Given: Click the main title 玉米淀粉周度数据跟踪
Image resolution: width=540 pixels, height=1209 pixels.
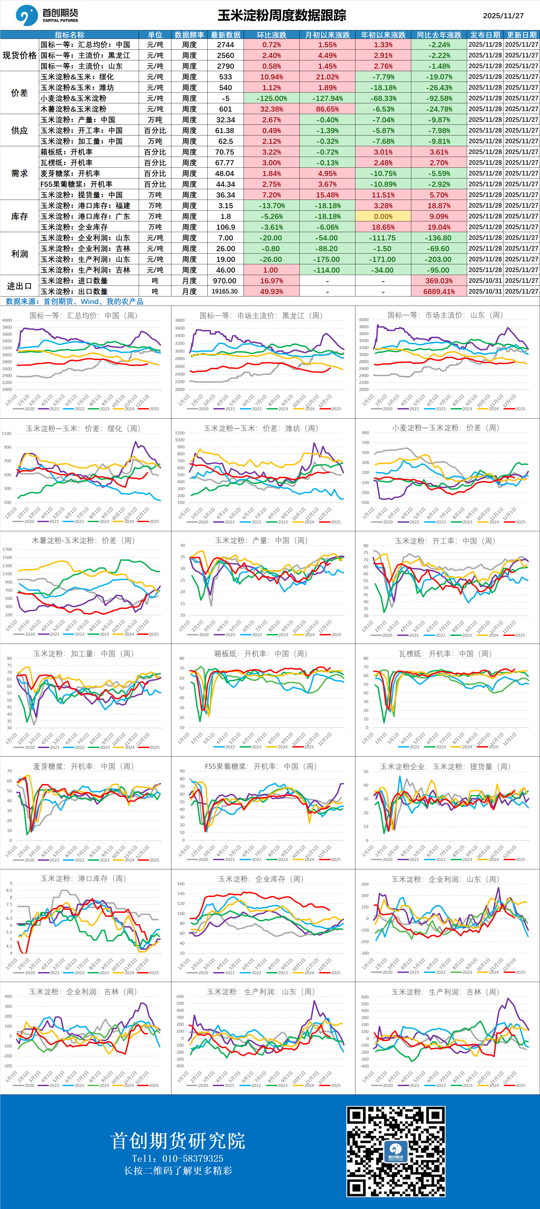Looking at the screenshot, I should [281, 16].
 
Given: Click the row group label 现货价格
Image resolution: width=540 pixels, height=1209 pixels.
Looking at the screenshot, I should [19, 55].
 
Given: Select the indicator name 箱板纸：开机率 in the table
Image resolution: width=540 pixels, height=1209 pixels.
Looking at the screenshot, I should [66, 152].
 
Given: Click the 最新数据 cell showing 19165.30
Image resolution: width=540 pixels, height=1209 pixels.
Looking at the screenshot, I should [225, 291].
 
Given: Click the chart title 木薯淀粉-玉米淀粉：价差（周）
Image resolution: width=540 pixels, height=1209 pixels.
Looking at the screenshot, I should [83, 541].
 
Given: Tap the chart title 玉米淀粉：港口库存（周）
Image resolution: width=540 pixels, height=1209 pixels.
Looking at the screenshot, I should [83, 879].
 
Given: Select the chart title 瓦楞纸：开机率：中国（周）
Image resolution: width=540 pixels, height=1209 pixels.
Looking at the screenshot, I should [445, 653].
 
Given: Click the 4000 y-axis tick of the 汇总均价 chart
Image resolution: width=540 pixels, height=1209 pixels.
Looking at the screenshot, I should [7, 320].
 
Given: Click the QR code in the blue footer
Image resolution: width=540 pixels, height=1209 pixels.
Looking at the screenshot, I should [395, 1151].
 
